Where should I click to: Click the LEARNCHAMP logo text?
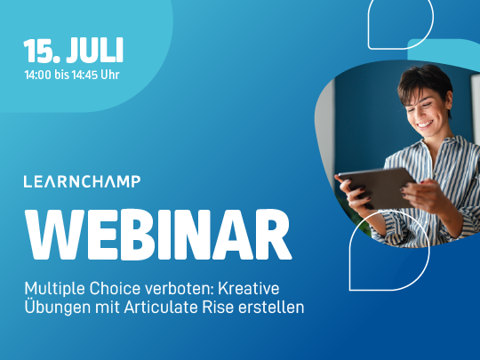pyautogui.click(x=82, y=181)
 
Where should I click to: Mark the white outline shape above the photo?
pyautogui.click(x=400, y=22)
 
